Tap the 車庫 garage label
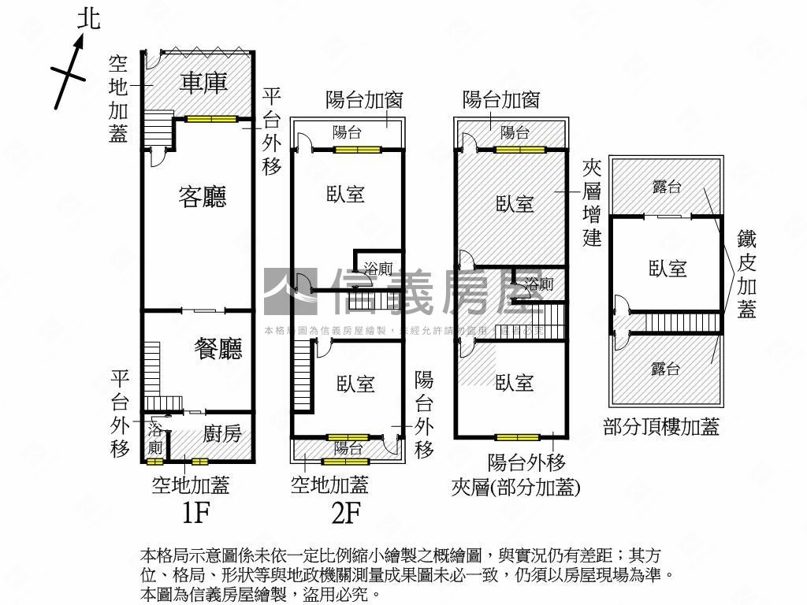click(x=203, y=83)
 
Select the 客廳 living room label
click(x=203, y=197)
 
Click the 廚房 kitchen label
click(x=221, y=432)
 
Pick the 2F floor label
click(x=346, y=514)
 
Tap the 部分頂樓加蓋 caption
click(x=661, y=427)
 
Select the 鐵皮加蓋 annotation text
click(x=747, y=274)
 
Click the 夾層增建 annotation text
click(x=592, y=202)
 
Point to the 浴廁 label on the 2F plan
click(x=378, y=269)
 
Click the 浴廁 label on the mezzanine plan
click(x=539, y=284)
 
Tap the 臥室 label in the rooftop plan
click(x=668, y=269)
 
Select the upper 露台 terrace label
click(x=668, y=187)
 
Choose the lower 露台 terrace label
click(x=667, y=368)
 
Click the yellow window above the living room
click(x=211, y=119)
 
